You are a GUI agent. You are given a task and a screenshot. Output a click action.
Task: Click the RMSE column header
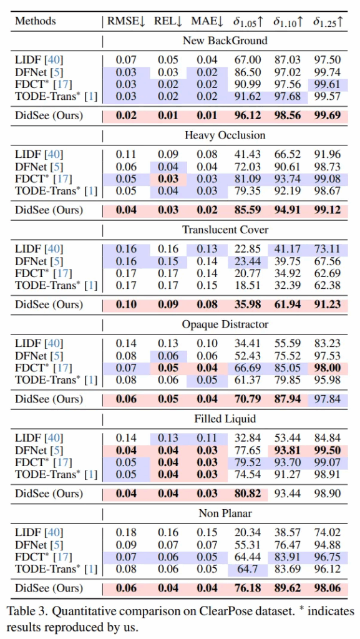point(126,21)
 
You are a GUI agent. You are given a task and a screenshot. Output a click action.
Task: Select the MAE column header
point(207,21)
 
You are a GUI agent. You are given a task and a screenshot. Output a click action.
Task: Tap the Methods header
point(36,21)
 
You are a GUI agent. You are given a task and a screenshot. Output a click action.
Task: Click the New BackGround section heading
point(225,41)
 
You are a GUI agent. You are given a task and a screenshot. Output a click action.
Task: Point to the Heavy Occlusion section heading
point(225,135)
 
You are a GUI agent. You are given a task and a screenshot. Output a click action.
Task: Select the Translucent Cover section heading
point(225,230)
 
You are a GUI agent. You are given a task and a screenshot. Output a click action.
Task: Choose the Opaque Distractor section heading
point(225,324)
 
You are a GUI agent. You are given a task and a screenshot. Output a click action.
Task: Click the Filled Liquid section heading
point(225,419)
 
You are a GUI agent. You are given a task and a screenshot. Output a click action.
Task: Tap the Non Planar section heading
point(225,514)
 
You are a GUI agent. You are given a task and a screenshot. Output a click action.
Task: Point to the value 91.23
point(327,305)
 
